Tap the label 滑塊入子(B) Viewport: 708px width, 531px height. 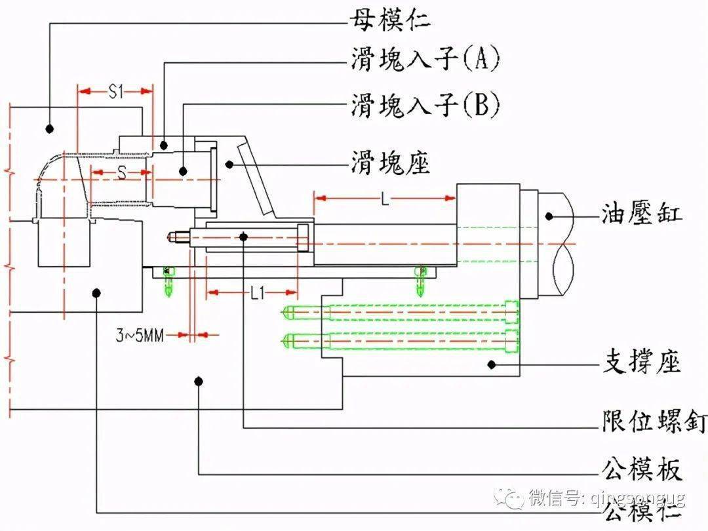pyautogui.click(x=425, y=104)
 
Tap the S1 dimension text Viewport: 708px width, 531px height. pyautogui.click(x=115, y=92)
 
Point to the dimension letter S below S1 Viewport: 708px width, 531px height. pyautogui.click(x=120, y=172)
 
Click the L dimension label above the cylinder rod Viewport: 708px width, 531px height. pyautogui.click(x=385, y=199)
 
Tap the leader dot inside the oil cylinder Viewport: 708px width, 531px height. pyautogui.click(x=549, y=214)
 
